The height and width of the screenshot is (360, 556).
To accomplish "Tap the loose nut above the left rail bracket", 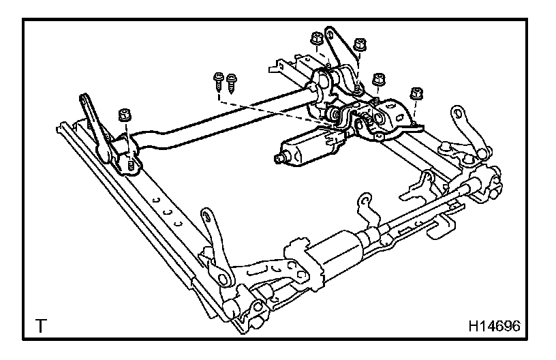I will [x=124, y=114].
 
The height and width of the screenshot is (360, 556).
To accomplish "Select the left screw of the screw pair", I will [x=219, y=79].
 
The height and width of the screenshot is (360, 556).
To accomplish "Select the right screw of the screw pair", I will [x=232, y=81].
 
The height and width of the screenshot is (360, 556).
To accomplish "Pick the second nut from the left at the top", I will [x=360, y=44].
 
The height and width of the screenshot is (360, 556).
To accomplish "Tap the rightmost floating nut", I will [x=414, y=93].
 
